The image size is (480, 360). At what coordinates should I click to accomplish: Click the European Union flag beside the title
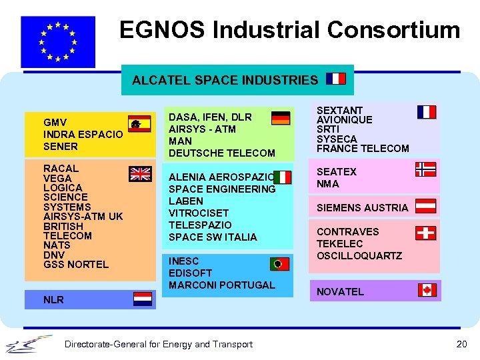click(x=58, y=41)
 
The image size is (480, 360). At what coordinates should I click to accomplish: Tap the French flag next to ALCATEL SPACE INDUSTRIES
click(x=336, y=79)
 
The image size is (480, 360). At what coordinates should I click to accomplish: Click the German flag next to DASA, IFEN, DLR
click(x=281, y=118)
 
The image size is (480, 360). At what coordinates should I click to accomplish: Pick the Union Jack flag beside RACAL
click(x=140, y=174)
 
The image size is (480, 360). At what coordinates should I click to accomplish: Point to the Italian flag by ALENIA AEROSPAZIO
click(x=282, y=177)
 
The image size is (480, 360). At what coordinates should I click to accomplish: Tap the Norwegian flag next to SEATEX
click(x=425, y=169)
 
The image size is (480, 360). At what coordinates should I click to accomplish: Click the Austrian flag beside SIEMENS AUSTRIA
click(x=425, y=205)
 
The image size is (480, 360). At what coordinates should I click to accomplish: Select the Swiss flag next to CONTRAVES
click(x=425, y=233)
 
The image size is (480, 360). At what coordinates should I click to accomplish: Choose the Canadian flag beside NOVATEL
click(x=427, y=290)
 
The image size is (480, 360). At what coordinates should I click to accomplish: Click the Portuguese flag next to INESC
click(x=279, y=264)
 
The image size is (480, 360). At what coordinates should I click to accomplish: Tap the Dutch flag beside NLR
click(x=143, y=299)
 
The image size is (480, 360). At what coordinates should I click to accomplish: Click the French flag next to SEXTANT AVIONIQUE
click(x=427, y=112)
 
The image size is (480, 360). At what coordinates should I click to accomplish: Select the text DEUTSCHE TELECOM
click(x=221, y=153)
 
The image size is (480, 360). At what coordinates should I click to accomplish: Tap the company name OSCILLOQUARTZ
click(x=359, y=256)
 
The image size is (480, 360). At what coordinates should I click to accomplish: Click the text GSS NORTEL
click(x=75, y=265)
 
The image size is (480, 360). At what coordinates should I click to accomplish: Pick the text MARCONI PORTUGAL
click(x=221, y=285)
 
